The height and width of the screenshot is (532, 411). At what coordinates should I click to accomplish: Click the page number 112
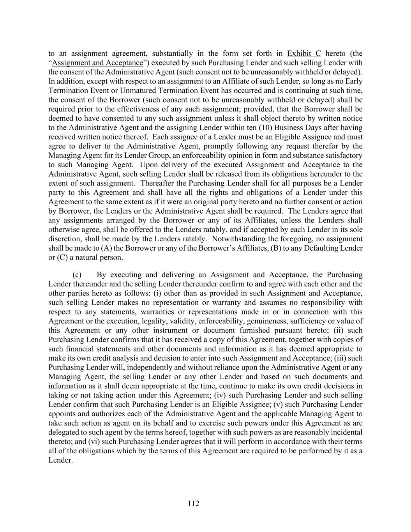(x=193, y=504)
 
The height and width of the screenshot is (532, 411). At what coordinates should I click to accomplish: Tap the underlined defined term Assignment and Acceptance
(x=97, y=63)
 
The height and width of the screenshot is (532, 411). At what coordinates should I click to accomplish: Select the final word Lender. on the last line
(x=60, y=460)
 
